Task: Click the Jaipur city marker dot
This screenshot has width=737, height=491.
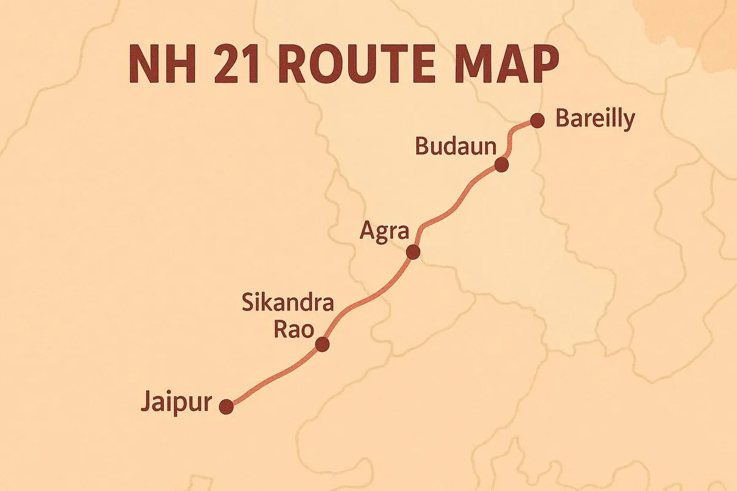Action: coord(227,406)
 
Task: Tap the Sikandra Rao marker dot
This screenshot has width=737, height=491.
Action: coord(322,344)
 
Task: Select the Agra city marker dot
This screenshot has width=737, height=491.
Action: coord(413,252)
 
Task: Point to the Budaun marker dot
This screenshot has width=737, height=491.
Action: coord(502,164)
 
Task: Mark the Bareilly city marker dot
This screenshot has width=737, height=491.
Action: coord(537,120)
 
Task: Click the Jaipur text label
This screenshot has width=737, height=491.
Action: coord(176,404)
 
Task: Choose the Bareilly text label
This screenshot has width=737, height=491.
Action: coord(594,119)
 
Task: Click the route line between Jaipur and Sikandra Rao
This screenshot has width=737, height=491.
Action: coord(273,376)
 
